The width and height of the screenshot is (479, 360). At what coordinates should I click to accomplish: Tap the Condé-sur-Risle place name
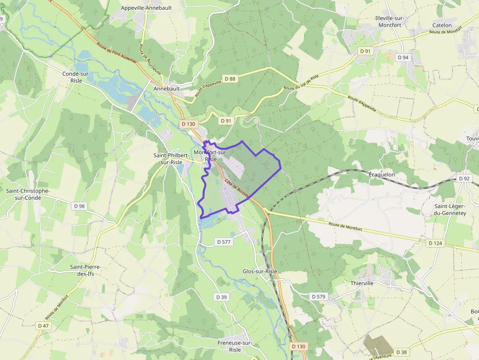(x=76, y=77)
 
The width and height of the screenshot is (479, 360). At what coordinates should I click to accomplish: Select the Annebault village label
(x=167, y=89)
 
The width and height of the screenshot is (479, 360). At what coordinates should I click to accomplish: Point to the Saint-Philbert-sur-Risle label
(x=168, y=158)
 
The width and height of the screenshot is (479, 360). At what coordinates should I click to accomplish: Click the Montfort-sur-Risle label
(x=211, y=155)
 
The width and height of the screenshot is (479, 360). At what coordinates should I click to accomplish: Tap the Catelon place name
(x=442, y=25)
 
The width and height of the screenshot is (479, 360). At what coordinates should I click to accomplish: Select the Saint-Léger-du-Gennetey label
(x=450, y=209)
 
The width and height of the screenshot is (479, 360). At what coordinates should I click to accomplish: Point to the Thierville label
(x=362, y=283)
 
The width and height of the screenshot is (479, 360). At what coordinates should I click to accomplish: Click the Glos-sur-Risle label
(x=260, y=271)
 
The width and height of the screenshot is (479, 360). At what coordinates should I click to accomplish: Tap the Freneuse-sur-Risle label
(x=235, y=346)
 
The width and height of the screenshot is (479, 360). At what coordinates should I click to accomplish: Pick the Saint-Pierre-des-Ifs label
(x=86, y=270)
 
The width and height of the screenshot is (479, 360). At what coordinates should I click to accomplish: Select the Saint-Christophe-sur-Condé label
(x=27, y=194)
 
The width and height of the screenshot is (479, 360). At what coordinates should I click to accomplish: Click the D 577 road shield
(x=224, y=242)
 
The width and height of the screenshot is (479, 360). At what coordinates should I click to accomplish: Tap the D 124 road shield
(x=435, y=243)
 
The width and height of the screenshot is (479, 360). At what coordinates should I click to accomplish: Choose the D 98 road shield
(x=79, y=206)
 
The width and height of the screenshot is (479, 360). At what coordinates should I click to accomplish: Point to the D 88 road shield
(x=230, y=79)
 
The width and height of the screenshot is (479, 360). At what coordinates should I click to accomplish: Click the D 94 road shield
(x=403, y=58)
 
